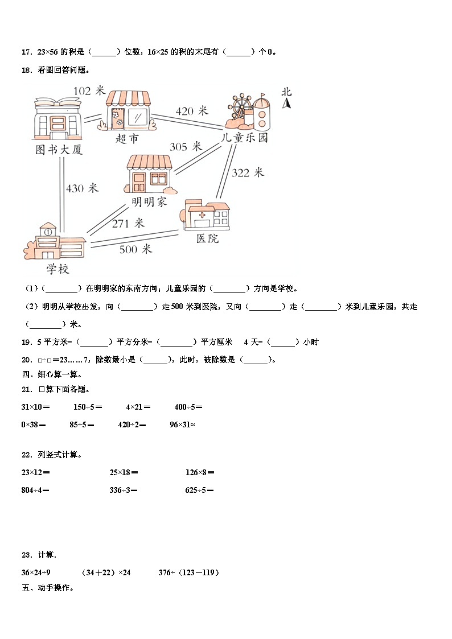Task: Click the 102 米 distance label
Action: coord(90,90)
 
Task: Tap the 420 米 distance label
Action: coord(192,111)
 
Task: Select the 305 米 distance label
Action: coord(186,147)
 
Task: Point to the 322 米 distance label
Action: coord(248,172)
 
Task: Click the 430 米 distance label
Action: coord(82,188)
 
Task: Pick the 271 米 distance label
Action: coord(128,224)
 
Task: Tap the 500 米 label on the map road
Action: coord(135,249)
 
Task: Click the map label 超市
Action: coord(127,139)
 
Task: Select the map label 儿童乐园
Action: coord(245,138)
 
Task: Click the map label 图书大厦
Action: coord(59,150)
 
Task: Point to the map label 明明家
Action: coord(149,202)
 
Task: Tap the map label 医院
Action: coord(207,239)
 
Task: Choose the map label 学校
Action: coord(58,268)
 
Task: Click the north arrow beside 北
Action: coord(288,103)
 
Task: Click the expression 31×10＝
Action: coord(35,407)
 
